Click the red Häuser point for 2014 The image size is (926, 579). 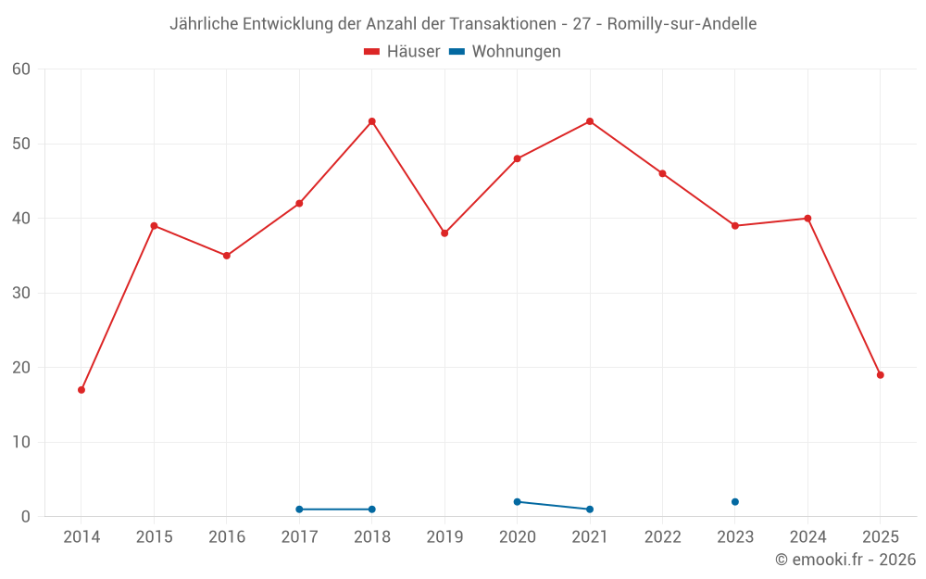tap(81, 390)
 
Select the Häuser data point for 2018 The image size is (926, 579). tap(372, 121)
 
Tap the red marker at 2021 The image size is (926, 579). tap(590, 121)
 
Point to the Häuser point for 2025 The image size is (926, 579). tap(881, 375)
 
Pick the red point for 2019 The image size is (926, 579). tap(444, 233)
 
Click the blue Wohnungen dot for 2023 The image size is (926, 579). tap(735, 502)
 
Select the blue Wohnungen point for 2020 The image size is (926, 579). tap(518, 502)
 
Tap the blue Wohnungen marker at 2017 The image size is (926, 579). tap(299, 510)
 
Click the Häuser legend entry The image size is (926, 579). tap(402, 52)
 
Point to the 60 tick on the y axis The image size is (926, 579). tap(21, 69)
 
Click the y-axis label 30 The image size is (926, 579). tap(21, 293)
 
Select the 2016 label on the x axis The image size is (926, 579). tap(227, 537)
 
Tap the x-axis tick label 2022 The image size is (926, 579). tap(663, 537)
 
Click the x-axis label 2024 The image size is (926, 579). tap(808, 537)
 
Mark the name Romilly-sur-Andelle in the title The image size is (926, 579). tap(682, 24)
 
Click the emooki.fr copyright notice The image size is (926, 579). tap(845, 560)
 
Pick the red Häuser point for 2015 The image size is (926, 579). tap(154, 226)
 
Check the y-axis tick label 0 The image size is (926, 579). tap(26, 517)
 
